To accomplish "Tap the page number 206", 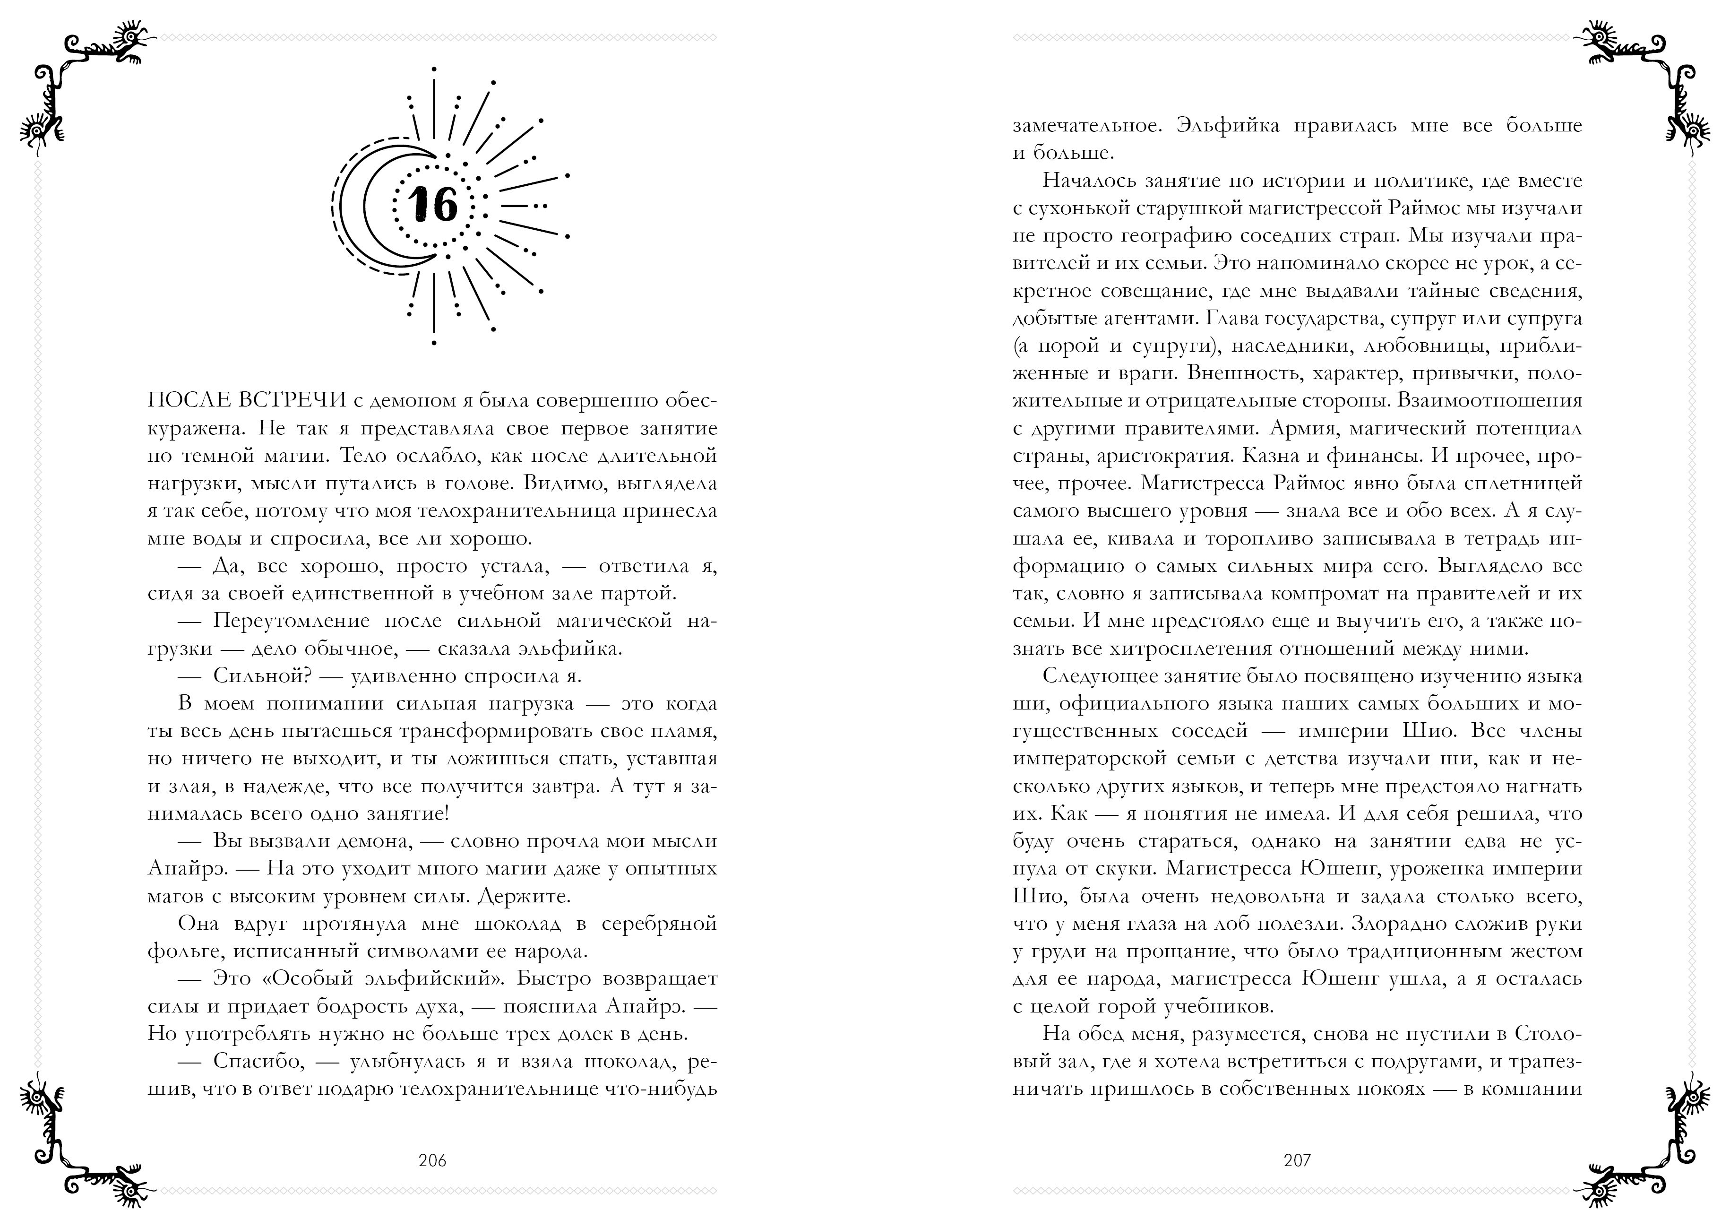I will point(432,1160).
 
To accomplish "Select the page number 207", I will point(1297,1160).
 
